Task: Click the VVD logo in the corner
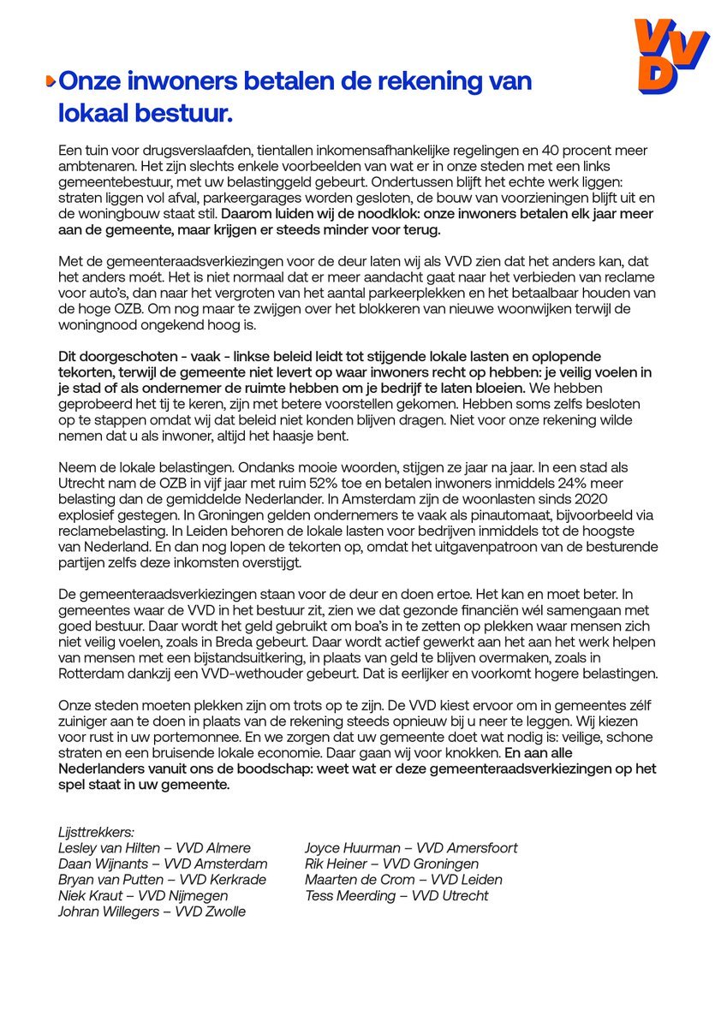(670, 56)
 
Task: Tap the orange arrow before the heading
(50, 81)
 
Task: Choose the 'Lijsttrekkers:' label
(96, 832)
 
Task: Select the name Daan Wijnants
(104, 864)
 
